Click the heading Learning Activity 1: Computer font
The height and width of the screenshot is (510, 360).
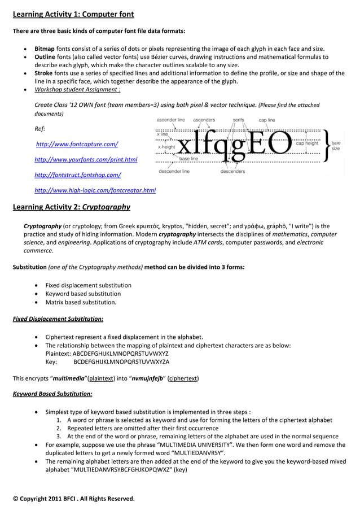click(x=73, y=14)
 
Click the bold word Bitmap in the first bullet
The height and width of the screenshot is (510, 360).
click(x=45, y=49)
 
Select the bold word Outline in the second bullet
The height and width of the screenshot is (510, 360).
click(x=46, y=57)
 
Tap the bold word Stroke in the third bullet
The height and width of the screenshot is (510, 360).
click(x=44, y=73)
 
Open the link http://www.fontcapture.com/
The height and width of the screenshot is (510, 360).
click(x=76, y=145)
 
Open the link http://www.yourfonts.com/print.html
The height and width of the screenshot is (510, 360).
click(x=86, y=160)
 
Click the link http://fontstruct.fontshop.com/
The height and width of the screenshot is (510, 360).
click(x=78, y=175)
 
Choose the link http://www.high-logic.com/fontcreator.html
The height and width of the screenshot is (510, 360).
click(x=95, y=190)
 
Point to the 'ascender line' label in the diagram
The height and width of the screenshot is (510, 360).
click(x=170, y=120)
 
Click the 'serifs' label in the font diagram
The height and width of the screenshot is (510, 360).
click(x=238, y=120)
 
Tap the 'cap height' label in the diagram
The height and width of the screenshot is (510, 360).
click(x=307, y=143)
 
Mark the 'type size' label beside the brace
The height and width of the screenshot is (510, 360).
click(x=336, y=146)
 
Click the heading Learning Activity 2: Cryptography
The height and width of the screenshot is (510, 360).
click(x=72, y=207)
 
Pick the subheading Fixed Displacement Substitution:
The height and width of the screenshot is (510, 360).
click(x=58, y=319)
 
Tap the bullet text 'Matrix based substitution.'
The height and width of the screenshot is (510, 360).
click(x=81, y=302)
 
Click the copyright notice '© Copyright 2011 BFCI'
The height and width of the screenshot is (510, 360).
click(x=74, y=499)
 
